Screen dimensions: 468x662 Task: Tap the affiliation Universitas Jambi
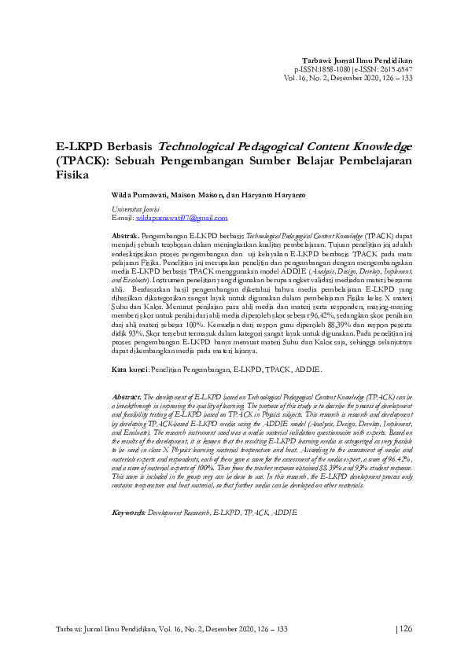pos(137,209)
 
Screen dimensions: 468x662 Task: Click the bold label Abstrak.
pos(126,235)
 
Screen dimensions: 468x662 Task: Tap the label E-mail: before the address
pos(124,217)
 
